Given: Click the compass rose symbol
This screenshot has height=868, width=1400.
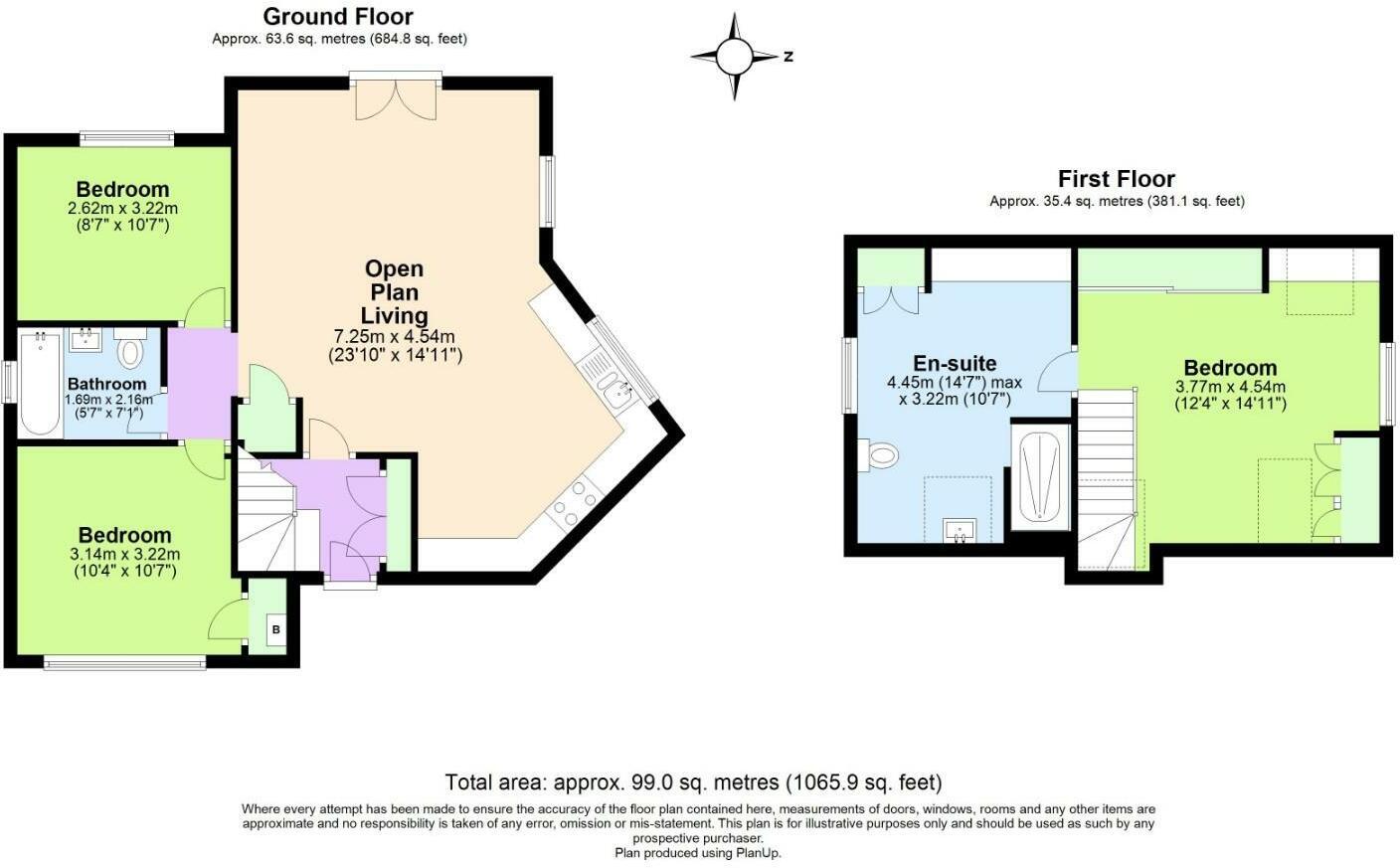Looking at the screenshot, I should point(735,56).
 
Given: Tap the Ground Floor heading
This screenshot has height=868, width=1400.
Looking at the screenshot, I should point(338,16).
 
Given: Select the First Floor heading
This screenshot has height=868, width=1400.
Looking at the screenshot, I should point(1116,179).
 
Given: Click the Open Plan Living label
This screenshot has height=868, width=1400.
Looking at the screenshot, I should point(394,292).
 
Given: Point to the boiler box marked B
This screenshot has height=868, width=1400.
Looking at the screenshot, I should point(275,629).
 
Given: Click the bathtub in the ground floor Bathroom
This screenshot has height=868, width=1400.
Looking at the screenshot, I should point(40,384).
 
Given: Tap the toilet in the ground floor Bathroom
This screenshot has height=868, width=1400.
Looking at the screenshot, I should point(130,351).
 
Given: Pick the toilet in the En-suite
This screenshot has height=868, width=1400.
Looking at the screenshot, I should point(880,455).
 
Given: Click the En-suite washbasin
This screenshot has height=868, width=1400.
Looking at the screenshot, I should point(960,530).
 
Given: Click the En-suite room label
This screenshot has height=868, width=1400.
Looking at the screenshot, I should point(955,363).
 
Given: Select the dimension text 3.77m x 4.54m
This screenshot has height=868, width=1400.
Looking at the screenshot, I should point(1230,387).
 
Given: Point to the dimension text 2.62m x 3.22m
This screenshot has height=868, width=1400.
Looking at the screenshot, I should point(122,209).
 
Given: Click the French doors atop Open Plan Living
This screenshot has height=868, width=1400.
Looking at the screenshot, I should point(396,97).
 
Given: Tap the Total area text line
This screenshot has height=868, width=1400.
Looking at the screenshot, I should point(693,782).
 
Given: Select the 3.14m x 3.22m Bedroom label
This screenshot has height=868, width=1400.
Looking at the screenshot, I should point(125,536).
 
